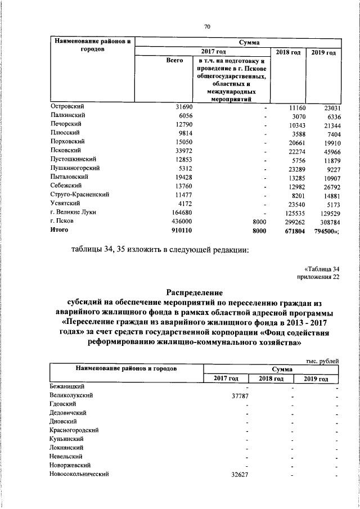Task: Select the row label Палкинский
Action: click(x=66, y=115)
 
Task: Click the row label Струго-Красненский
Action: click(x=79, y=195)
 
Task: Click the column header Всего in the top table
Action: click(x=175, y=60)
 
